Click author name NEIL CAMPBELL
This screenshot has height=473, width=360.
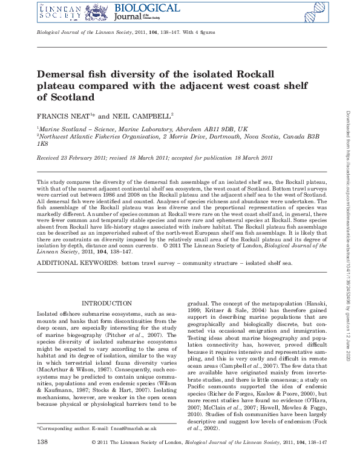(142, 115)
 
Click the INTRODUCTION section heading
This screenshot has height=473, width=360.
(106, 303)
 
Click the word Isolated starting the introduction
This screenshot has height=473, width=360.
(50, 314)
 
